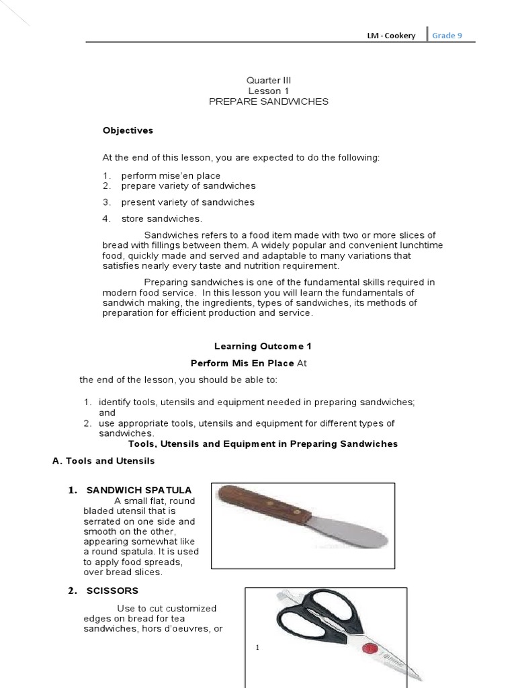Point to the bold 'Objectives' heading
(x=128, y=130)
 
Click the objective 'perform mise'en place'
(x=171, y=175)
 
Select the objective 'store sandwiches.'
(x=161, y=218)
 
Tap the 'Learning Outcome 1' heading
(x=254, y=347)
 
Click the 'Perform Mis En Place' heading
(x=243, y=363)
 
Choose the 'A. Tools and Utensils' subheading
(x=103, y=461)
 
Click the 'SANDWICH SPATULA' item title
(x=139, y=489)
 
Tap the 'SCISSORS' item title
(x=112, y=591)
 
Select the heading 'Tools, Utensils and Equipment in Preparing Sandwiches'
(x=263, y=444)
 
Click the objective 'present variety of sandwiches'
(x=188, y=202)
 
